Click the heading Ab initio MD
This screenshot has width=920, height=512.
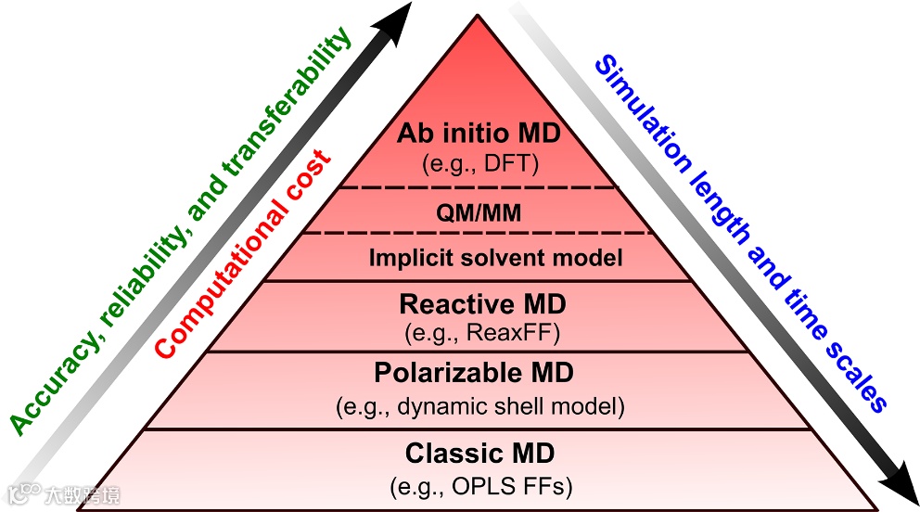tap(479, 134)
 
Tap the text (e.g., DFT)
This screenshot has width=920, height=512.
tap(479, 164)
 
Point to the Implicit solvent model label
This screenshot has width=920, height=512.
tap(496, 259)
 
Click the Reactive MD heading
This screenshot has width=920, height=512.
tap(482, 303)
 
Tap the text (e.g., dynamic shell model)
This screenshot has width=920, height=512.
tap(479, 406)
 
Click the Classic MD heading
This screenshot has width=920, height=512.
tap(479, 454)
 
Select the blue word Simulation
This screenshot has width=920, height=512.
tap(640, 112)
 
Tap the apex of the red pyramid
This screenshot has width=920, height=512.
tap(479, 17)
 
